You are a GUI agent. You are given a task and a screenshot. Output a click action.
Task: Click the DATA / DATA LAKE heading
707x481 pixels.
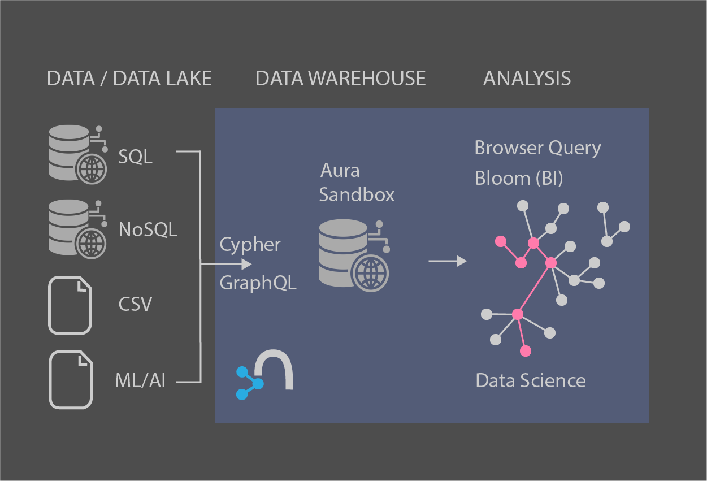coord(129,79)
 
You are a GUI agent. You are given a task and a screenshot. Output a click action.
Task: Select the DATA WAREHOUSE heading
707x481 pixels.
coord(340,79)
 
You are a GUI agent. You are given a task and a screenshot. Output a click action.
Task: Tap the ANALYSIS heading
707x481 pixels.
coord(527,79)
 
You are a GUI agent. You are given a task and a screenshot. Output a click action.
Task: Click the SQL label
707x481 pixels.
coord(135,157)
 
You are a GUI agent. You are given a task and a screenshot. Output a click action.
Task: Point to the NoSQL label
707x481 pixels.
coord(148,229)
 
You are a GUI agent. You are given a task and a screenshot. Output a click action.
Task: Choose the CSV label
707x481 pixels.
coord(135,304)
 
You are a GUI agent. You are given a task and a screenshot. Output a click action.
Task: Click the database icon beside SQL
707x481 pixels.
coord(77,153)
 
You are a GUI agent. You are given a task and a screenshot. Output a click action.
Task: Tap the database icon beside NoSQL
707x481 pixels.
coord(77,227)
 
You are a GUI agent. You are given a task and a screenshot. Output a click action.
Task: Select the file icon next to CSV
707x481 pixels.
coord(70,305)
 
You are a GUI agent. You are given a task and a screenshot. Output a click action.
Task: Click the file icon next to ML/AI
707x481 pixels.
coord(70,380)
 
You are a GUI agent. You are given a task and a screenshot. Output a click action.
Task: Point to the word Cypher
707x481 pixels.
coord(250,245)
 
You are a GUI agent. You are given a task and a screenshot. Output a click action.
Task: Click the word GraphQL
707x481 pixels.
coord(258,282)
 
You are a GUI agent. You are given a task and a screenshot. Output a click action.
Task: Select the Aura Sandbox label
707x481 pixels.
coord(356,183)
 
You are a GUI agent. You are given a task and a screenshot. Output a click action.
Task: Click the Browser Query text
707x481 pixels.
coord(537,148)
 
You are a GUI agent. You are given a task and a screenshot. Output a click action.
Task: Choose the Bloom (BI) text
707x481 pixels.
coord(519,178)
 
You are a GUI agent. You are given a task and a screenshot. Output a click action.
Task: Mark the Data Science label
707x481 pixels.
coord(530,380)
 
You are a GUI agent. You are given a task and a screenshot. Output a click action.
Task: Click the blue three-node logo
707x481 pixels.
coord(249,383)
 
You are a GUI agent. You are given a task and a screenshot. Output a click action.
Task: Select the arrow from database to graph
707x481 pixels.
coord(447,261)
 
